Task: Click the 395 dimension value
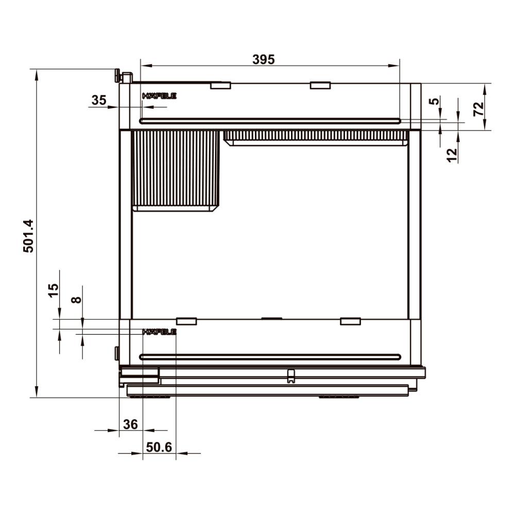[x=263, y=59]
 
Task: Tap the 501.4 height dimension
[x=28, y=236]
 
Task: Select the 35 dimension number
[x=99, y=100]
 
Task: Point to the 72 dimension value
[x=478, y=109]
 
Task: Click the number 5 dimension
[x=435, y=101]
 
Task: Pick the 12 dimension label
[x=452, y=155]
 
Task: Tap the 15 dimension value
[x=53, y=290]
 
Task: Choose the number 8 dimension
[x=76, y=299]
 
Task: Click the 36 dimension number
[x=130, y=424]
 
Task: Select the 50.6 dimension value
[x=159, y=447]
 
